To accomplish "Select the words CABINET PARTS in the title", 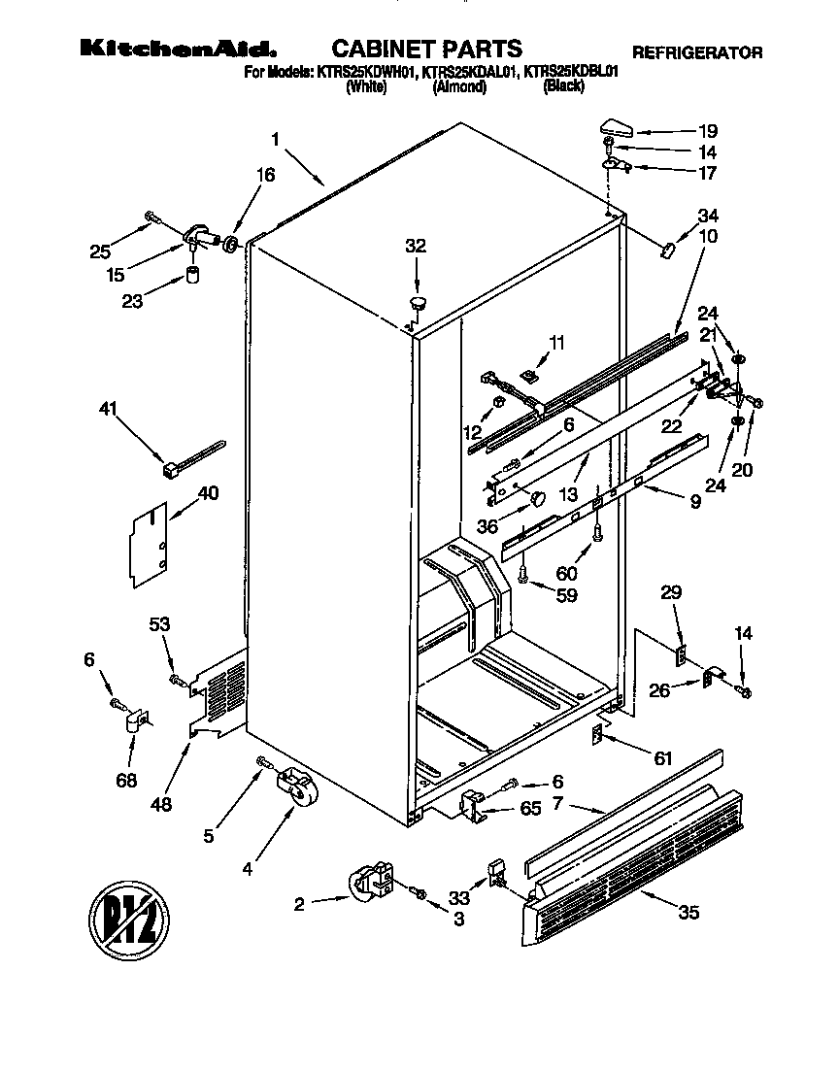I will pos(426,49).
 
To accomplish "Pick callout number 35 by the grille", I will pos(689,913).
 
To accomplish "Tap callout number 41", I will pos(109,410).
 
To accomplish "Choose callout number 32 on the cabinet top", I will pos(415,247).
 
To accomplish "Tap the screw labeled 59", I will pos(523,578).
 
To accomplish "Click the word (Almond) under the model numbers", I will pos(459,86).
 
